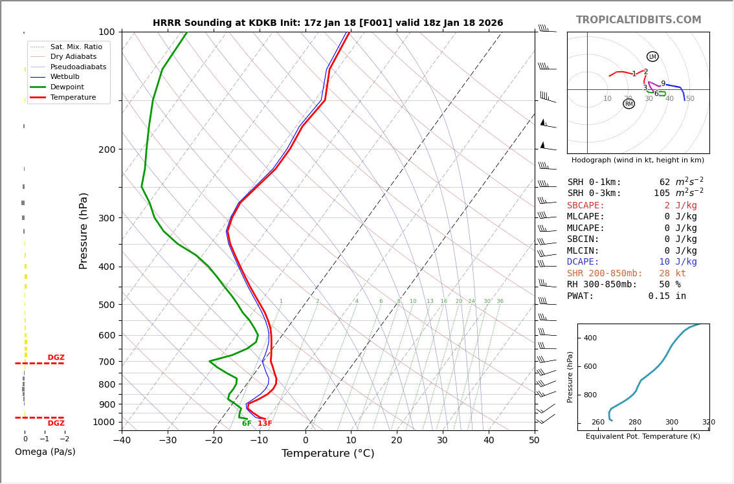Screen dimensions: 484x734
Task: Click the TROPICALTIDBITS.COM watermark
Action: click(x=638, y=20)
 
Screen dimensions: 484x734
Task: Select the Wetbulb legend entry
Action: click(x=68, y=77)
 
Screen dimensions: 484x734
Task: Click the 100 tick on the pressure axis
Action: click(x=106, y=32)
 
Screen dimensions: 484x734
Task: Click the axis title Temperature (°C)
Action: click(x=328, y=454)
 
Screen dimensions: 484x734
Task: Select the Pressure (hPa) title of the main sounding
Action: click(x=84, y=230)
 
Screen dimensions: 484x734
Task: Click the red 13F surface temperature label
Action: click(x=265, y=424)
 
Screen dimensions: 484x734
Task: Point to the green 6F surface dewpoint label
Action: click(x=247, y=424)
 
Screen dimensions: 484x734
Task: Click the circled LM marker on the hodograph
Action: click(x=652, y=56)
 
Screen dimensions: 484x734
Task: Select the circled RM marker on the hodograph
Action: click(x=628, y=104)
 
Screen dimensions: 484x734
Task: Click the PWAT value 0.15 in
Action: click(x=667, y=296)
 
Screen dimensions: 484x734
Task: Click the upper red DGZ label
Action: click(x=56, y=358)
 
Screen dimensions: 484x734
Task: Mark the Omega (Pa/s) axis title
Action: click(x=45, y=452)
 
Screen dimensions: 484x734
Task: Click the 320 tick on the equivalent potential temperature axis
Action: click(x=709, y=423)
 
